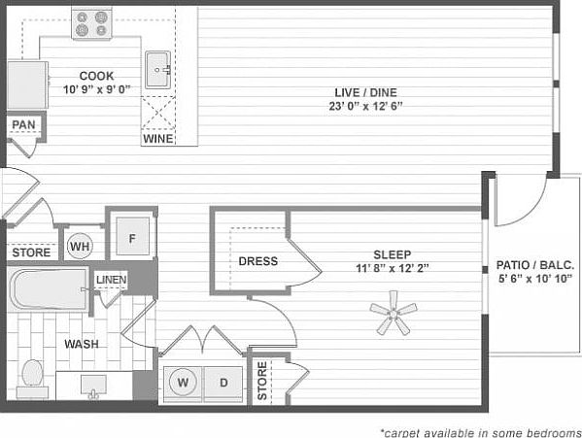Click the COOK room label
(x=97, y=75)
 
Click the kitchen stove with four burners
(x=93, y=23)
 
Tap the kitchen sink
(x=158, y=70)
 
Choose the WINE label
(x=157, y=139)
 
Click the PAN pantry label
(x=23, y=125)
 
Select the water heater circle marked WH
(x=79, y=247)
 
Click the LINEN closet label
(x=111, y=281)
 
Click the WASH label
(x=81, y=344)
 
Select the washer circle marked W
(x=183, y=383)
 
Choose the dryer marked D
(x=223, y=383)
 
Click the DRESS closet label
(x=257, y=261)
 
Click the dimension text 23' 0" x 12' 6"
(x=354, y=107)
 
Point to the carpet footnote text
(x=480, y=430)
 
